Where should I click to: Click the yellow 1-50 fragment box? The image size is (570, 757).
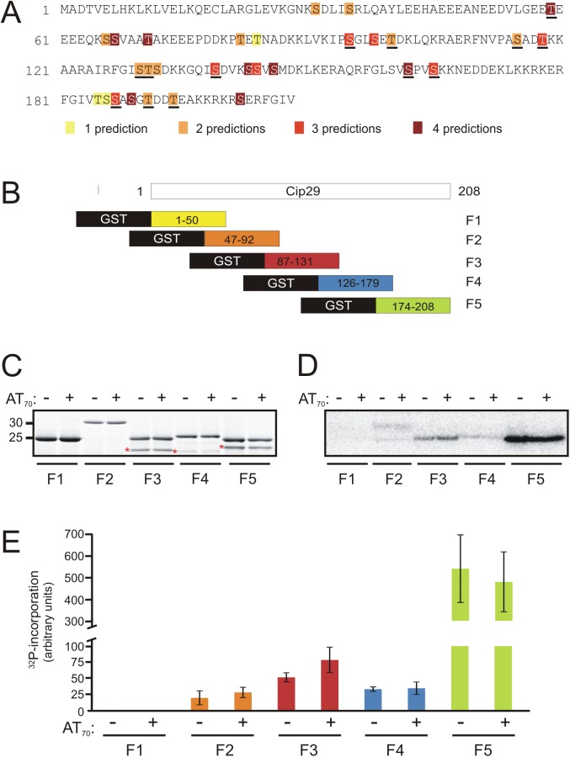[x=189, y=219]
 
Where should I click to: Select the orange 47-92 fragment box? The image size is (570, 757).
[x=242, y=239]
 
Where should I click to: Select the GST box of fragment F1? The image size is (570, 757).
[x=114, y=219]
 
